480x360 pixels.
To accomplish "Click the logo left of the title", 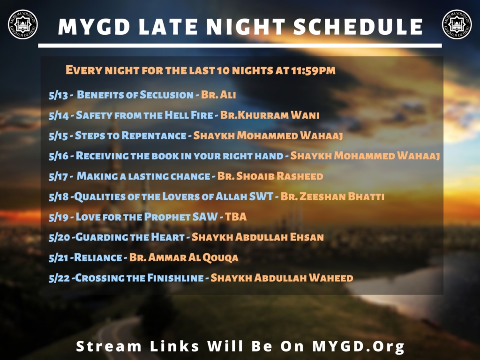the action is click(x=23, y=24).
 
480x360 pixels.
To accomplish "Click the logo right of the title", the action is click(x=457, y=24).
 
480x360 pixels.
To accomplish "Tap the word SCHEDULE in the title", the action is click(x=358, y=27).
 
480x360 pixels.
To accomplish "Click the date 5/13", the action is click(x=58, y=95).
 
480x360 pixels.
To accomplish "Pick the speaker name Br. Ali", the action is click(x=218, y=95).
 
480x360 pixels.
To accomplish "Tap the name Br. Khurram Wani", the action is click(x=270, y=115).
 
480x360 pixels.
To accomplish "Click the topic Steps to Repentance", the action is click(x=131, y=135).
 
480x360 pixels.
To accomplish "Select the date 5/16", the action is click(x=59, y=156).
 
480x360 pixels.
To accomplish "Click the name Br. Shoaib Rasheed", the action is click(x=270, y=176).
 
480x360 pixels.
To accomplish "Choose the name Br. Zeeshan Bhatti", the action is click(x=332, y=196).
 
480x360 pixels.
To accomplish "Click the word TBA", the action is click(x=236, y=217).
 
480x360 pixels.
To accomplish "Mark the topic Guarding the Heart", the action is click(x=130, y=237).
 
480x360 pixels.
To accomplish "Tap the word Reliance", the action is click(x=98, y=257).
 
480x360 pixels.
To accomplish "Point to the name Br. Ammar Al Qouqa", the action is click(x=184, y=258).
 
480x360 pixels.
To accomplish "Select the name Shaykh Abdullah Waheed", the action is click(x=282, y=277).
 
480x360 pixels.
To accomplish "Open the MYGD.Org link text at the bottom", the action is click(x=359, y=346).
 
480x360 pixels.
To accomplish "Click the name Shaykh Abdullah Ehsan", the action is click(x=257, y=237).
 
